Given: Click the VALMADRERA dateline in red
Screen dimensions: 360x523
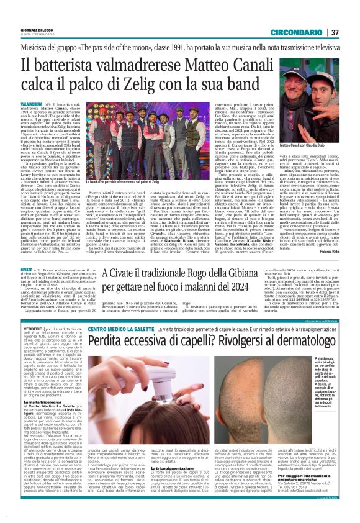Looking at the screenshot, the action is [32, 104].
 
